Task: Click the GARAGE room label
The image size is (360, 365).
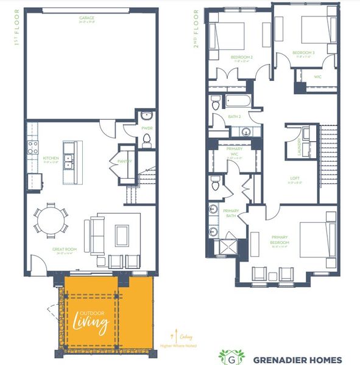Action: [x=86, y=19]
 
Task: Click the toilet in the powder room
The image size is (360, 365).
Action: [x=146, y=141]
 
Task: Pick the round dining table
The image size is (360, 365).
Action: [x=52, y=220]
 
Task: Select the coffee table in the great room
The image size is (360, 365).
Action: [x=122, y=233]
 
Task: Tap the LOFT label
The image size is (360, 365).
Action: [x=295, y=179]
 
